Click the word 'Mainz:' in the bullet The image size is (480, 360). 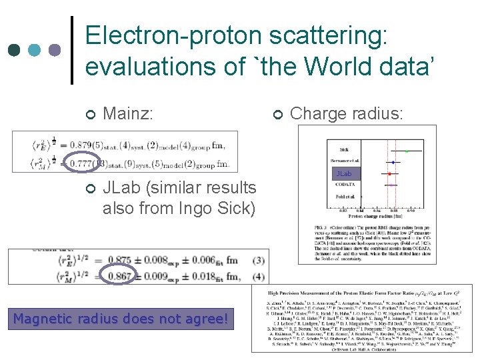(129, 115)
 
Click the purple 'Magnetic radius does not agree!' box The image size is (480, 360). (123, 319)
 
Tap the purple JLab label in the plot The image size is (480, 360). (343, 174)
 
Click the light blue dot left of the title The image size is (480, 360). (34, 50)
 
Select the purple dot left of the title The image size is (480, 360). (55, 50)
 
